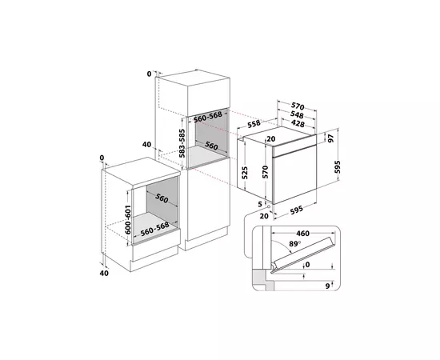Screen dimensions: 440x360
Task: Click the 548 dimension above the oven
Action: [297, 114]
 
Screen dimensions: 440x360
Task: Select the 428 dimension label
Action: [298, 123]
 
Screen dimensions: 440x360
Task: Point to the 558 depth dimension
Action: [254, 123]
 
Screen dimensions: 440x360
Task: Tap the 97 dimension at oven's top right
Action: [331, 138]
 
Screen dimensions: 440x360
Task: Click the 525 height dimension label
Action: [245, 173]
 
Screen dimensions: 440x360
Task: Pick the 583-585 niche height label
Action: [182, 143]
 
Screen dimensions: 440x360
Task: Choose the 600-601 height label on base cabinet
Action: [128, 220]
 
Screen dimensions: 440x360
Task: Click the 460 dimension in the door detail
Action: [302, 233]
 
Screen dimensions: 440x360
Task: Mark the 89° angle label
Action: [294, 243]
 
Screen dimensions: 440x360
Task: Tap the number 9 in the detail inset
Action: [327, 286]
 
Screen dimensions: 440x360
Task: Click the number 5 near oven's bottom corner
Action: [260, 204]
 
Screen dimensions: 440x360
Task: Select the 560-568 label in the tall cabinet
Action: [208, 117]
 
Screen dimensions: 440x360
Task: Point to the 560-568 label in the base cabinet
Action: [155, 229]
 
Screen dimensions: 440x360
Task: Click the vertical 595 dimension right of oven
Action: [338, 167]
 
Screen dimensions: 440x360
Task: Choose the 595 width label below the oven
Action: [296, 210]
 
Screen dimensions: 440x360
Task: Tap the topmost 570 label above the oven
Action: [298, 106]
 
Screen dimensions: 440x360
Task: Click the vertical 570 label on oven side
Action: [266, 172]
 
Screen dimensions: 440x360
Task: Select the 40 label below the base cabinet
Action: [104, 273]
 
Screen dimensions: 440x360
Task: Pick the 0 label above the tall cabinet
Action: [149, 74]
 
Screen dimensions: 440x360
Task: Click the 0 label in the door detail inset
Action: [307, 265]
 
